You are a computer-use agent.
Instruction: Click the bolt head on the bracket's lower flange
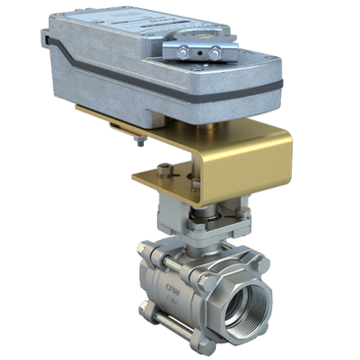tap(175, 172)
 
